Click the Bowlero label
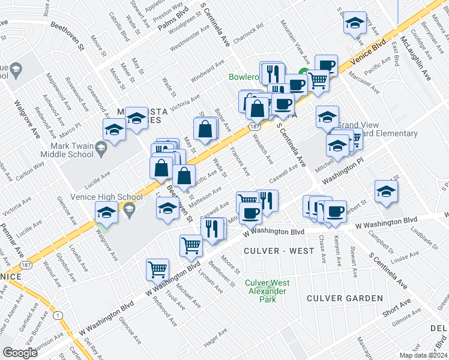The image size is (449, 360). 244,77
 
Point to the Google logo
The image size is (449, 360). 20,353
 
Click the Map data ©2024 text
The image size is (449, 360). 423,355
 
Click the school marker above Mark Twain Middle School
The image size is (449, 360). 113,128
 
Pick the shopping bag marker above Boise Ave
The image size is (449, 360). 205,128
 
